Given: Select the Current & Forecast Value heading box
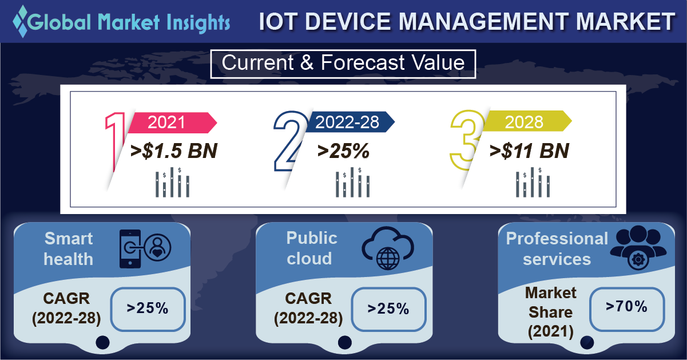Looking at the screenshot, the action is [x=343, y=64].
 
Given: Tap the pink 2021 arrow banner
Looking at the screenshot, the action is [x=172, y=122].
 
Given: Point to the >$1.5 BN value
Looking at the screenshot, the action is [x=173, y=151].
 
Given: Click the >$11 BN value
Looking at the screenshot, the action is [x=529, y=151].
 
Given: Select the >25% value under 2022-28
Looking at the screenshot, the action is [x=343, y=151].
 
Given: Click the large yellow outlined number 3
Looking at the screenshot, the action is [x=467, y=140].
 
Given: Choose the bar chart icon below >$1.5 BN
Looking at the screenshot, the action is [x=172, y=182].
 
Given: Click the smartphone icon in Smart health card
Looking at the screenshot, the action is [x=130, y=249].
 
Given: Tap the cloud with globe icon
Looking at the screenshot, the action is [x=388, y=248].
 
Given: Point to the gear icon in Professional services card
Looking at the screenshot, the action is [x=638, y=260].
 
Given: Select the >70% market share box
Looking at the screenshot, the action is [x=627, y=309].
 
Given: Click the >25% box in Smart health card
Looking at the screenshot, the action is [x=148, y=309].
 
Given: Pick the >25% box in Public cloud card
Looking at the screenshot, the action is [x=388, y=309].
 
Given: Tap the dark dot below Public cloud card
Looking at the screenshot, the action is [x=345, y=342].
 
